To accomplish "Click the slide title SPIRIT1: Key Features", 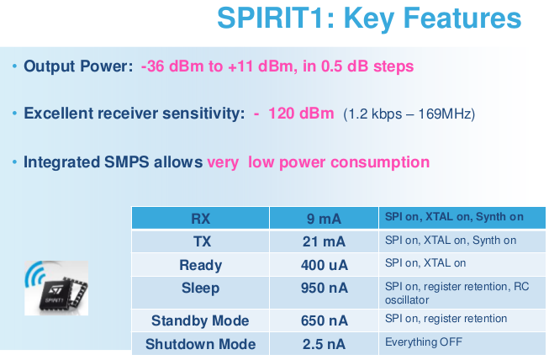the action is click(x=369, y=19).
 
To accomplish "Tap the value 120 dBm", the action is click(x=301, y=114).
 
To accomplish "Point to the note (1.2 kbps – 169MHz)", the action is click(x=409, y=114).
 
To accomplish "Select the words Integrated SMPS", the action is click(x=87, y=162).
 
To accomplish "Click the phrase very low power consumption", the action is click(x=319, y=162).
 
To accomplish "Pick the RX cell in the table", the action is click(x=201, y=219).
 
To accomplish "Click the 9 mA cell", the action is click(x=324, y=219).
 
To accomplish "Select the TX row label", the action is click(x=202, y=241).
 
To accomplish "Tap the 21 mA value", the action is click(x=324, y=241).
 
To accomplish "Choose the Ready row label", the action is click(x=201, y=266).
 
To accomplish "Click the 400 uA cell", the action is click(x=325, y=265).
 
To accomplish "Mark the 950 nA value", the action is click(x=325, y=288).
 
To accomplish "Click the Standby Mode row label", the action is click(x=200, y=320).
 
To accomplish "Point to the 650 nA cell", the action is click(x=325, y=320).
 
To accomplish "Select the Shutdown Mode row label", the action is click(x=200, y=344).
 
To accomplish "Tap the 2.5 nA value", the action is click(x=324, y=344).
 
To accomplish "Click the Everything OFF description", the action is click(x=424, y=341).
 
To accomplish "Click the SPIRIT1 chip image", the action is click(x=56, y=289).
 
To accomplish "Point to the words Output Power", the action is click(x=78, y=66).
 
